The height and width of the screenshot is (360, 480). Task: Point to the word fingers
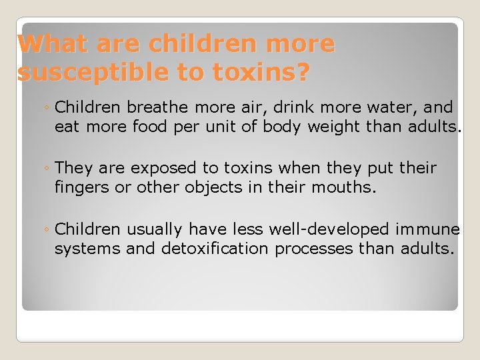[82, 188]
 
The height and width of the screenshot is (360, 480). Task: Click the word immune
[427, 229]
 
